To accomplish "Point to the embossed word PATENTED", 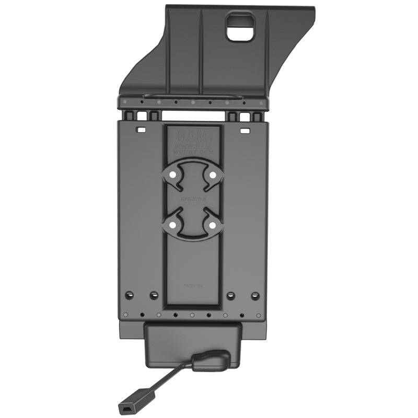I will (193, 286).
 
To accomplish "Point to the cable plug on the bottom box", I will (211, 361).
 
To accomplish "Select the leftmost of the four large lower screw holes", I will (130, 295).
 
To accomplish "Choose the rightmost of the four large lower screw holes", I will (256, 296).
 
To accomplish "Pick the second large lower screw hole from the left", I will (154, 296).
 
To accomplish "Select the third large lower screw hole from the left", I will (231, 296).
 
